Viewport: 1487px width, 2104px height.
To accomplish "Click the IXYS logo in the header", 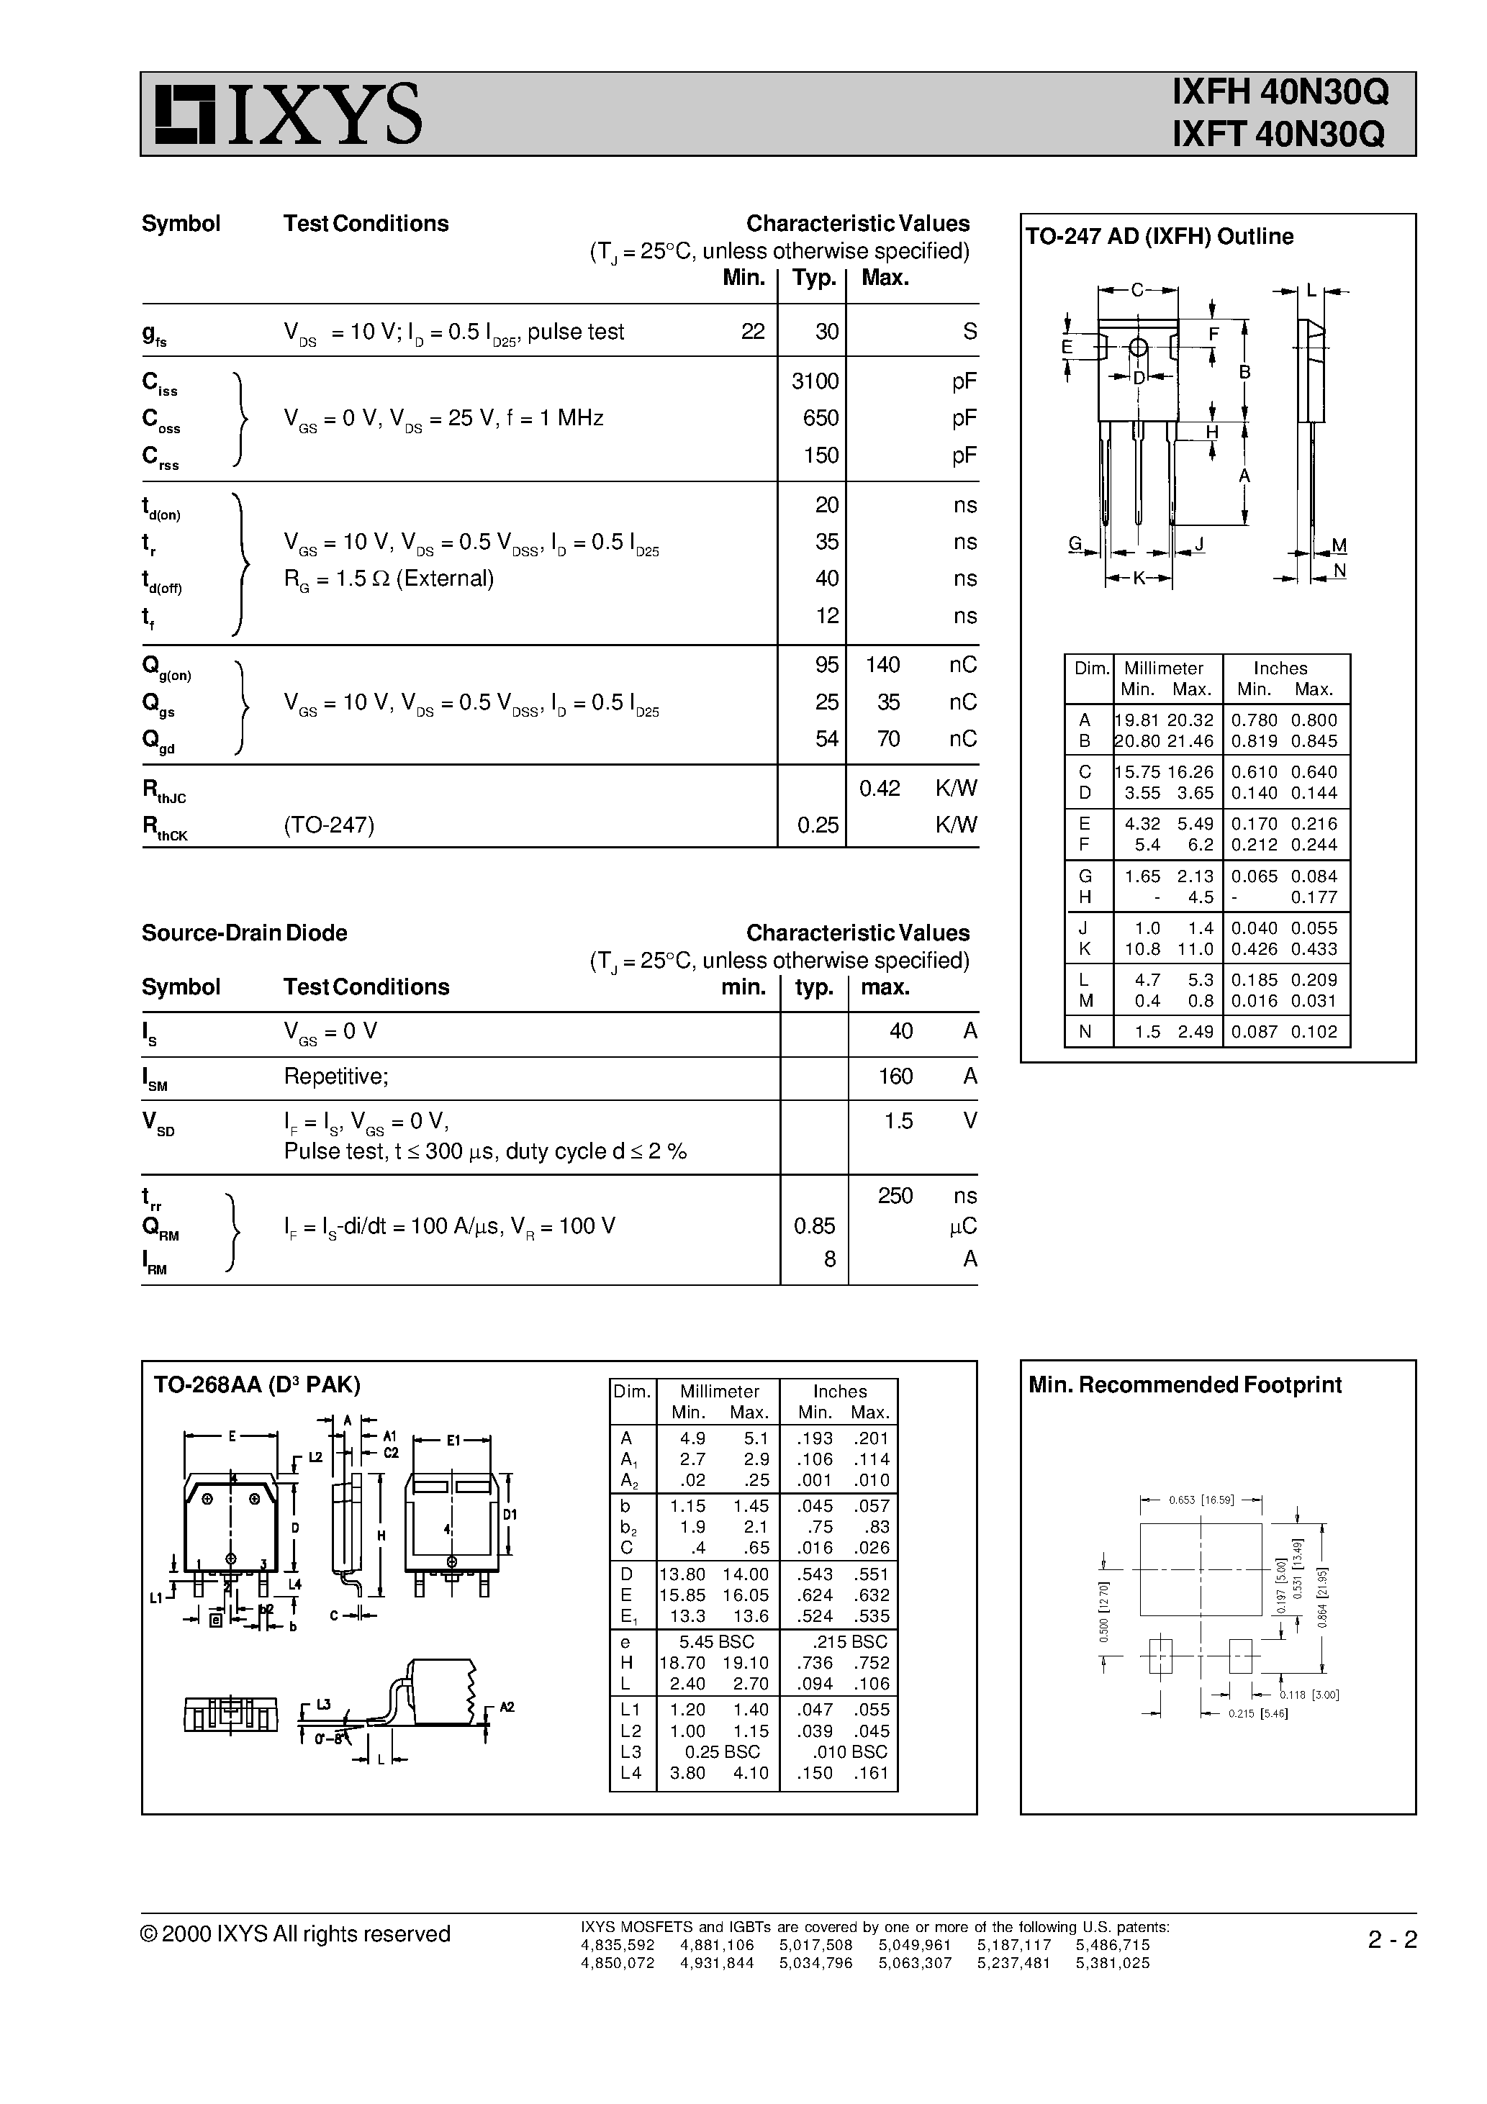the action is pyautogui.click(x=288, y=114).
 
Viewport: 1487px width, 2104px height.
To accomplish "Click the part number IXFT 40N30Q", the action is pyautogui.click(x=1280, y=135).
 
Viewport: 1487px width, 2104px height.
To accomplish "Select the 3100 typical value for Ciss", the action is pyautogui.click(x=815, y=381).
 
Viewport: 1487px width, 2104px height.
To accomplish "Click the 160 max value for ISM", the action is pyautogui.click(x=895, y=1076).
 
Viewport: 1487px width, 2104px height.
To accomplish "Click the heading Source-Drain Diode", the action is pyautogui.click(x=244, y=933).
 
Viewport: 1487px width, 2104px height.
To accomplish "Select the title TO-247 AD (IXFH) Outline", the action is pyautogui.click(x=1159, y=237).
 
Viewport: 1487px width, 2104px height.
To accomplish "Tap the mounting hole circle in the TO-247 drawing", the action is pyautogui.click(x=1138, y=348).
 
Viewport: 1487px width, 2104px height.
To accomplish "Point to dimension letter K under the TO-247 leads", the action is pyautogui.click(x=1139, y=579).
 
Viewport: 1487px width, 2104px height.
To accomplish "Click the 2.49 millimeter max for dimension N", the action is pyautogui.click(x=1196, y=1032).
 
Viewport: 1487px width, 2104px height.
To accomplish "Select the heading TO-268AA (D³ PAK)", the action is pyautogui.click(x=257, y=1384).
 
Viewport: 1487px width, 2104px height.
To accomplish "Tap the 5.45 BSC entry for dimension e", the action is pyautogui.click(x=716, y=1641).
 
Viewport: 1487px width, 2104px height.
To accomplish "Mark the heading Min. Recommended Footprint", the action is pyautogui.click(x=1185, y=1384).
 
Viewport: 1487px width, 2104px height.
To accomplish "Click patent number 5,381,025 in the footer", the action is pyautogui.click(x=1112, y=1963).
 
